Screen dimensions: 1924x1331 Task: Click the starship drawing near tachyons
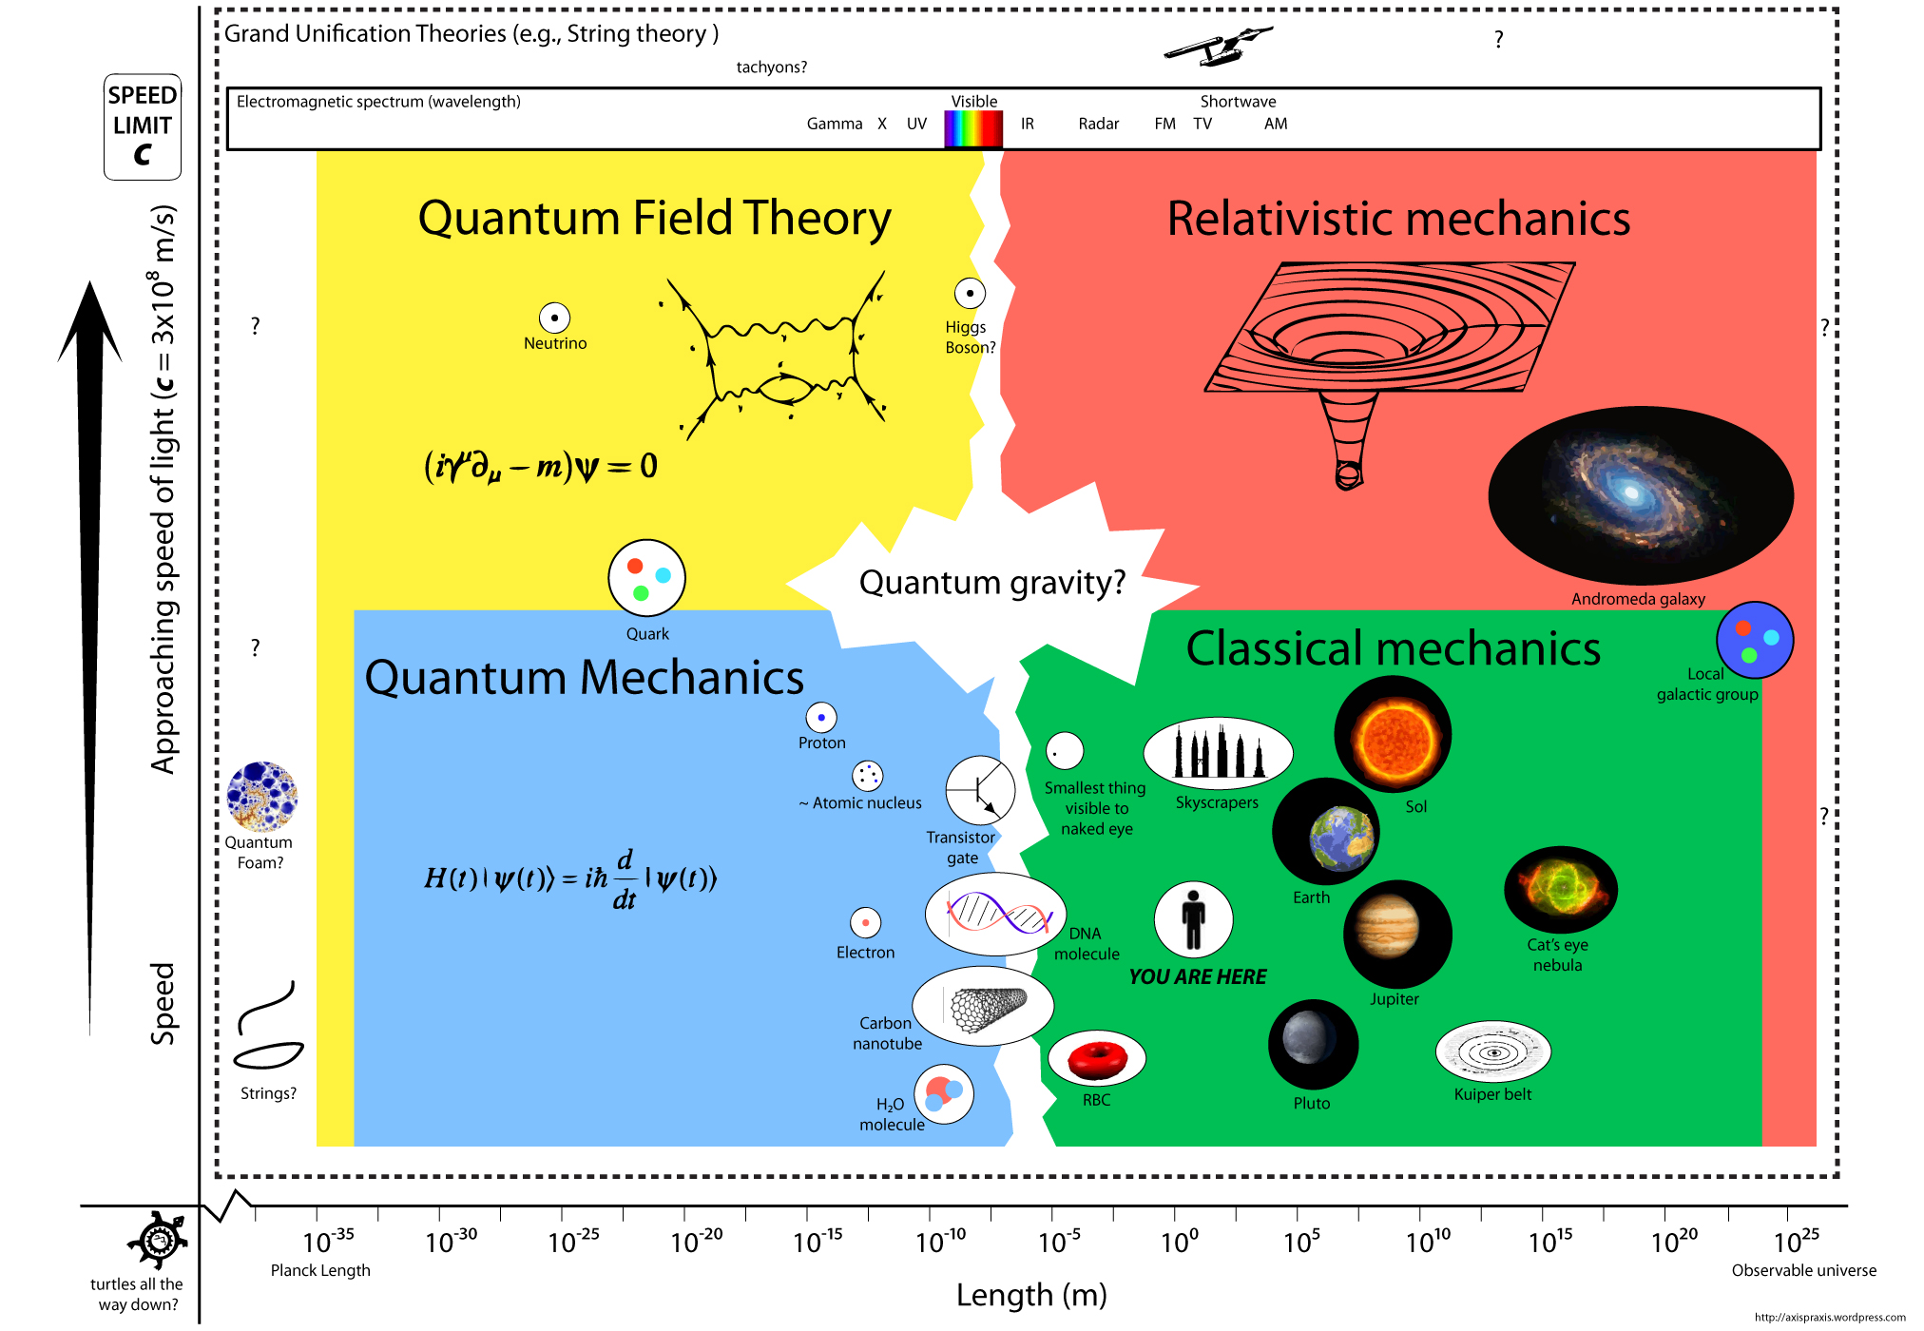tap(1218, 45)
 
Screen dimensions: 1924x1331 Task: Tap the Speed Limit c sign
tap(143, 126)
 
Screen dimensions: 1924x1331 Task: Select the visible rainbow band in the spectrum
tap(972, 128)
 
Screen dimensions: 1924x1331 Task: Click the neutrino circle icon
tap(554, 318)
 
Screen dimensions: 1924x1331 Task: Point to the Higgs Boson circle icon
tap(970, 293)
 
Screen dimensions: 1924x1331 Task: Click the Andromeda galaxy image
tap(1640, 495)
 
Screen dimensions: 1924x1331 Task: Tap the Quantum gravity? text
tap(991, 582)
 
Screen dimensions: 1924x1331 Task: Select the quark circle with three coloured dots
tap(646, 578)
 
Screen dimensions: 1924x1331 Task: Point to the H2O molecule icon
tap(944, 1094)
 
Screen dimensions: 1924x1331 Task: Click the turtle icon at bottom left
tap(158, 1240)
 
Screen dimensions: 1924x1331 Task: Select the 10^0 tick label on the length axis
tap(1179, 1242)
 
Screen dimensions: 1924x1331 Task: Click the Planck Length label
tap(320, 1270)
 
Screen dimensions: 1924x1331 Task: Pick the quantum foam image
tap(262, 797)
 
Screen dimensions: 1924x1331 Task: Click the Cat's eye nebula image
tap(1560, 889)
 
